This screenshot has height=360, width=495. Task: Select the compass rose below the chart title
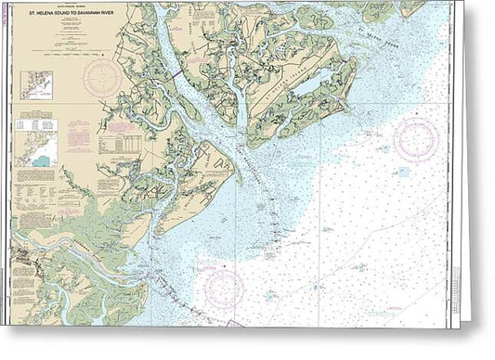pos(102,78)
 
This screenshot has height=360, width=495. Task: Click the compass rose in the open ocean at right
pos(415,140)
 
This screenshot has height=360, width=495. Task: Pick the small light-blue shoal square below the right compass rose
pos(402,172)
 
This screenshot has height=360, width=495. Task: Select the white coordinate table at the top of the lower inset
pos(37,123)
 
